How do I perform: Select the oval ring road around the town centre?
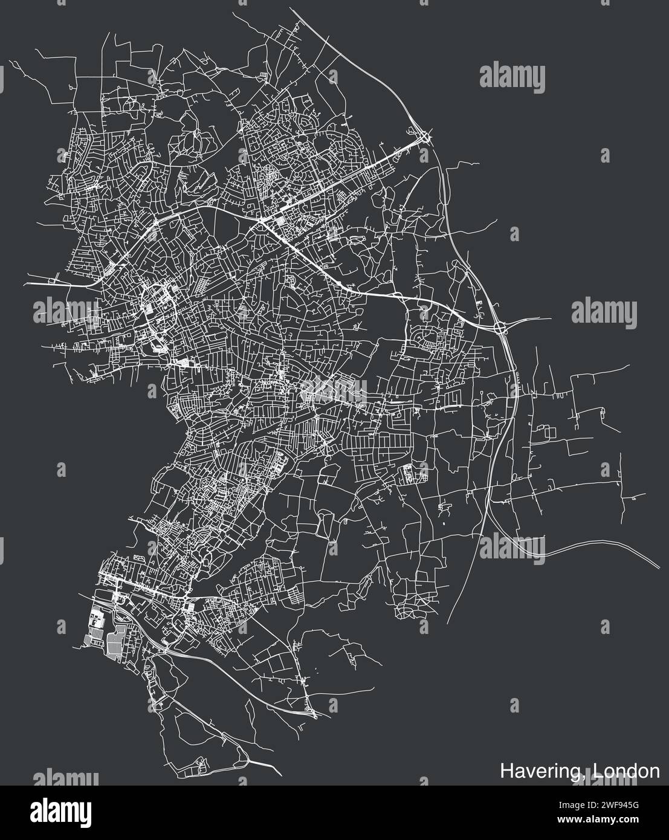click(158, 318)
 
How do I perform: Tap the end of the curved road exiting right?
click(659, 568)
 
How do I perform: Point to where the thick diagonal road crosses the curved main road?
click(264, 222)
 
